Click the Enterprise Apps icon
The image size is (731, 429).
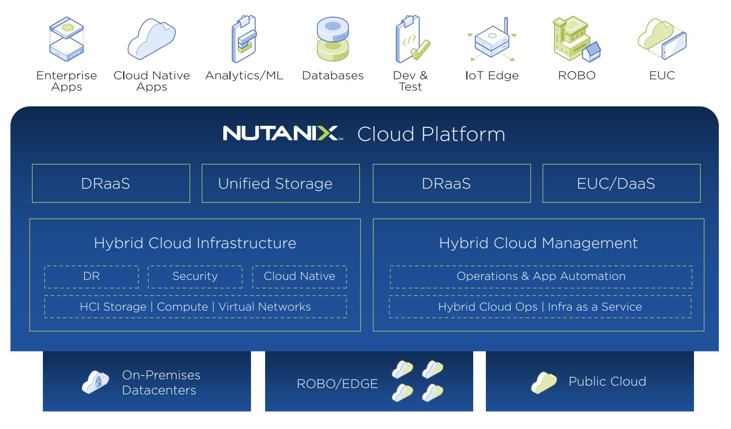[67, 39]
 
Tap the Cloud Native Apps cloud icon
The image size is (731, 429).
[152, 39]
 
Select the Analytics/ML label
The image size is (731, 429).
[244, 76]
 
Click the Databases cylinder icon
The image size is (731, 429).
[333, 39]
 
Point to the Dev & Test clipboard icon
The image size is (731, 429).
[411, 39]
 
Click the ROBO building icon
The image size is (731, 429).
[576, 39]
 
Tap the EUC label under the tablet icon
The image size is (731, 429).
[662, 76]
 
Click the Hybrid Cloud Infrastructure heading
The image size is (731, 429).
[195, 243]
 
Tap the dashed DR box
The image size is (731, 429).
[92, 276]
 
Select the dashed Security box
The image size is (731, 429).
[195, 276]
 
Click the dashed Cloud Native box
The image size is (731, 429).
[299, 276]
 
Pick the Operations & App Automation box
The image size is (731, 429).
[541, 276]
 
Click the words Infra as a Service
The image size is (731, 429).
[595, 307]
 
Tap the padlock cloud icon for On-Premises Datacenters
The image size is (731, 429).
[96, 382]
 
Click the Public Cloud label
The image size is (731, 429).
[607, 381]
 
